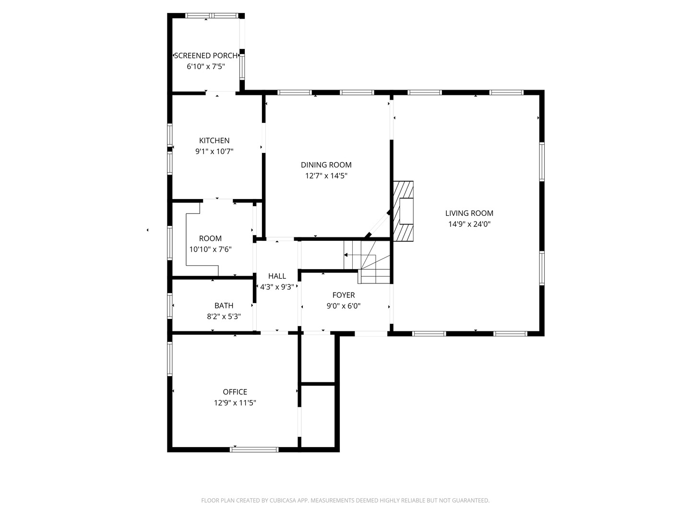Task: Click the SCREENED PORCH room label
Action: click(x=205, y=56)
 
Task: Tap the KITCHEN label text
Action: click(x=214, y=141)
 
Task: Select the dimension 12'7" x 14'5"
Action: click(x=326, y=176)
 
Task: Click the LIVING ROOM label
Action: click(x=469, y=213)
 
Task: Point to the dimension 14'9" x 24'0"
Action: click(x=469, y=224)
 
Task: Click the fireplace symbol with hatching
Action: click(x=403, y=211)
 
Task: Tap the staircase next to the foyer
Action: click(x=367, y=262)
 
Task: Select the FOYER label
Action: click(x=344, y=295)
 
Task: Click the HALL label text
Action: click(x=277, y=276)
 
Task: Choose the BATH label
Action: click(x=224, y=306)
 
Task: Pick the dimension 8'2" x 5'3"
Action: click(x=224, y=317)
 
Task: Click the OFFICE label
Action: click(x=235, y=392)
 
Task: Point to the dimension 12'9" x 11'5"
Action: click(x=235, y=403)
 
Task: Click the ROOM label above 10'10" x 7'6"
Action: click(x=210, y=238)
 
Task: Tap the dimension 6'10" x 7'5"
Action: click(x=206, y=67)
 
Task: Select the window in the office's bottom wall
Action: click(x=254, y=449)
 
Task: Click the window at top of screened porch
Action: click(x=212, y=15)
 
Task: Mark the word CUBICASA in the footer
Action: click(x=283, y=500)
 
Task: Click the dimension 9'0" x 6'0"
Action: click(x=344, y=306)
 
